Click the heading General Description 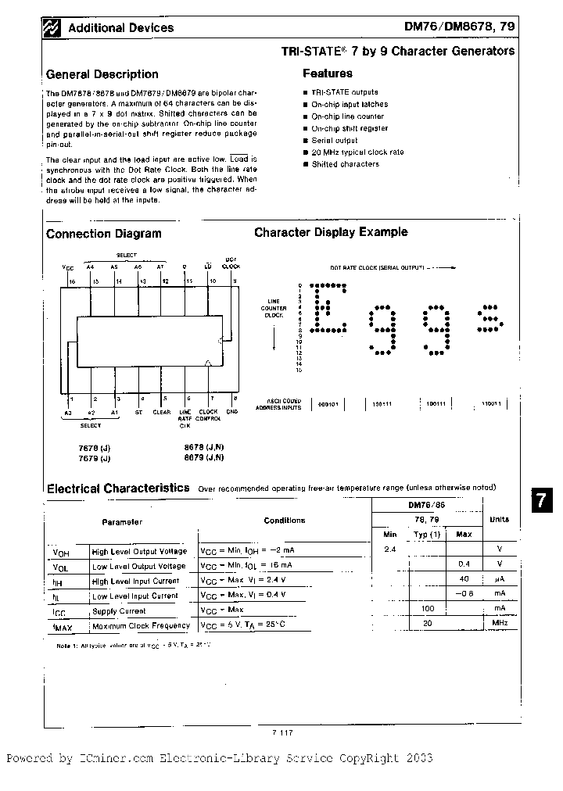(x=102, y=75)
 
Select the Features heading (x=327, y=73)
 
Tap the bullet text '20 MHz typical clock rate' (x=357, y=152)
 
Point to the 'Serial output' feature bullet (x=334, y=141)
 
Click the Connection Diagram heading (x=103, y=234)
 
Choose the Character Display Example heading (x=331, y=232)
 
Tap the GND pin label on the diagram (x=232, y=412)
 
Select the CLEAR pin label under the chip (x=161, y=412)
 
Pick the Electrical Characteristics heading (x=118, y=488)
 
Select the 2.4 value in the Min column (x=390, y=549)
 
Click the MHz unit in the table (x=500, y=623)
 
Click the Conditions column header (x=284, y=521)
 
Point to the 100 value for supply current (x=428, y=608)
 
